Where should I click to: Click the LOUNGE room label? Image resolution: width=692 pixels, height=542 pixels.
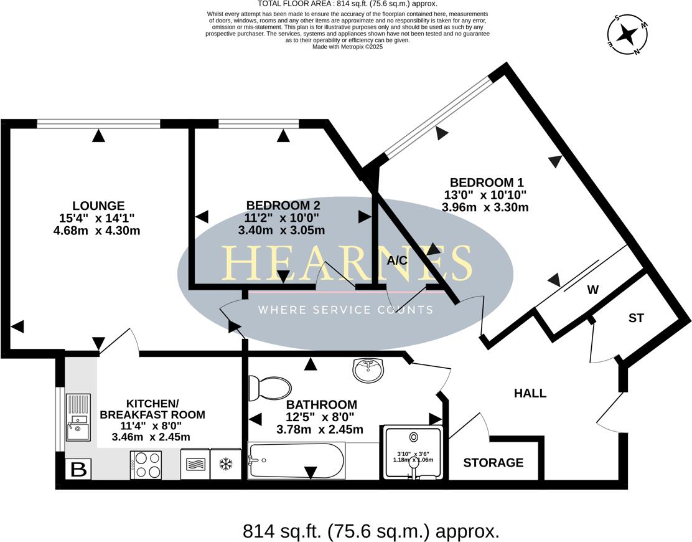point(98,206)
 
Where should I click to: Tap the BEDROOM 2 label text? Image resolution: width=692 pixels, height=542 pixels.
point(283,206)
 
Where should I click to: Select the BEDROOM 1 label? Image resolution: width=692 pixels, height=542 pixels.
point(487,183)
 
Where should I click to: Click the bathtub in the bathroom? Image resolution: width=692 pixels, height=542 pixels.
point(296,461)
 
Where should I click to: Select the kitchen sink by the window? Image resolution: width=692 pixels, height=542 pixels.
point(78,417)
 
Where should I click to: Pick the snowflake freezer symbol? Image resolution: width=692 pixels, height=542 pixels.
point(226,465)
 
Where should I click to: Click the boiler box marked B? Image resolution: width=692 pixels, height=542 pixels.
point(78,469)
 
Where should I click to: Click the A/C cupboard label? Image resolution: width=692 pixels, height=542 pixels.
point(397,260)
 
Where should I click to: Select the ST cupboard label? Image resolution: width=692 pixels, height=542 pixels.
point(635,318)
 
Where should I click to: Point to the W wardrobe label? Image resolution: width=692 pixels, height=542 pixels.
point(593,290)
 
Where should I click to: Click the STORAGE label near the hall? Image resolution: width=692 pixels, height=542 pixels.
point(493,463)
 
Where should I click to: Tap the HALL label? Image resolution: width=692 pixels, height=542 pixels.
point(530,393)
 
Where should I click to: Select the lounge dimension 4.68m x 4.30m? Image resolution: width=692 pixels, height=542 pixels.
point(97,231)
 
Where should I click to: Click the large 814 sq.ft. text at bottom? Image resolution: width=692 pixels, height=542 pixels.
point(371,531)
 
